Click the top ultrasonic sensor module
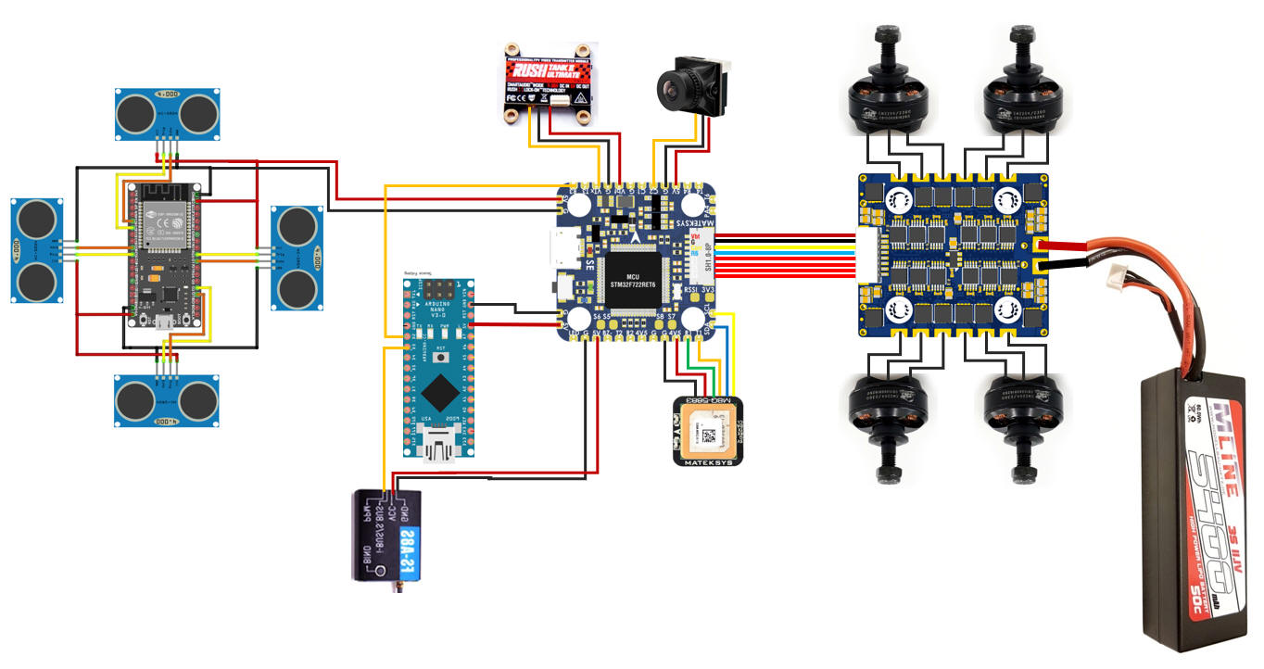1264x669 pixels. (167, 113)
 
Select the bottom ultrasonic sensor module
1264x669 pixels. (167, 399)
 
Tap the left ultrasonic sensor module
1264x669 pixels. (38, 250)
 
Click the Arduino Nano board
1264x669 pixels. (437, 365)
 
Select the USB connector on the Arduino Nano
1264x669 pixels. (438, 450)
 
